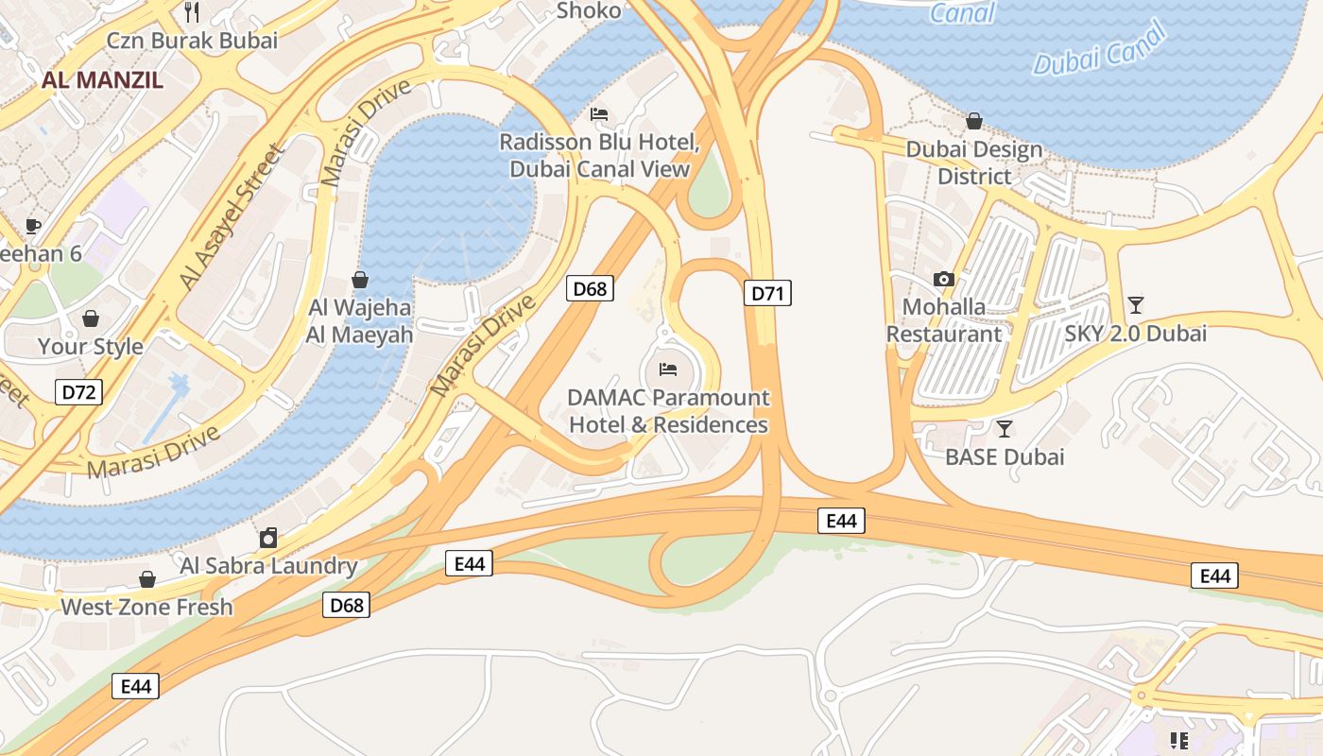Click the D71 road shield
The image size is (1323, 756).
pyautogui.click(x=767, y=293)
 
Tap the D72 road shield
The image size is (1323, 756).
pyautogui.click(x=78, y=392)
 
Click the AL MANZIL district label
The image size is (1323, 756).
pyautogui.click(x=102, y=79)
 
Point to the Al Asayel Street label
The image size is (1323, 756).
pyautogui.click(x=232, y=217)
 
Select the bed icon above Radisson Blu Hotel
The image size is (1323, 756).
pyautogui.click(x=599, y=114)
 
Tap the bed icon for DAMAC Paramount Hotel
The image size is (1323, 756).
pyautogui.click(x=668, y=369)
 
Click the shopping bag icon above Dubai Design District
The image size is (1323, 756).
pyautogui.click(x=973, y=121)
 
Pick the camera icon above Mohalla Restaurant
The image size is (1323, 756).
pyautogui.click(x=943, y=279)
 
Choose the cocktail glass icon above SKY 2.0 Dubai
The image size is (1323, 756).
pyautogui.click(x=1135, y=304)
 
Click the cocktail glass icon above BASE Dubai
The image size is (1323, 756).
pyautogui.click(x=1005, y=429)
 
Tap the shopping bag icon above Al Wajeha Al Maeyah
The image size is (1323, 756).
pyautogui.click(x=359, y=280)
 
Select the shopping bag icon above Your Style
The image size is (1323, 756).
pyautogui.click(x=91, y=318)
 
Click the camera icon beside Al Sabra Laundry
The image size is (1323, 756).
pyautogui.click(x=268, y=538)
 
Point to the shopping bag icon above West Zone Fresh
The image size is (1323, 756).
pyautogui.click(x=146, y=578)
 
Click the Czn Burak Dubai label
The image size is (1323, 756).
pyautogui.click(x=192, y=41)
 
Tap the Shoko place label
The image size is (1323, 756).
pyautogui.click(x=589, y=11)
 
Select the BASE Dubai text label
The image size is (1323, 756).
pyautogui.click(x=1005, y=457)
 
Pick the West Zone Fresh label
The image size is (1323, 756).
pyautogui.click(x=146, y=607)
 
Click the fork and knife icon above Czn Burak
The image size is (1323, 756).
pyautogui.click(x=192, y=11)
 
